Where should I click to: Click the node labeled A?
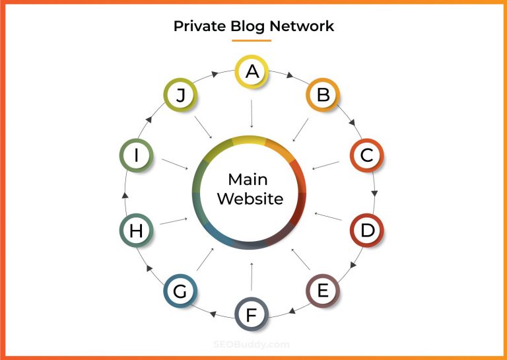click(x=252, y=71)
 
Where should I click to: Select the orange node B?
click(x=323, y=95)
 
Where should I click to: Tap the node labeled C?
click(x=366, y=156)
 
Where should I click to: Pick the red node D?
click(x=366, y=230)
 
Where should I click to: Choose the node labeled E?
click(x=323, y=291)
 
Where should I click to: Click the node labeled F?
click(x=252, y=314)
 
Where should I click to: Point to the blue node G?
click(x=180, y=291)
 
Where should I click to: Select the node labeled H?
click(x=137, y=230)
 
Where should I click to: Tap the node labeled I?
click(x=137, y=156)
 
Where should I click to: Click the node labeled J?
click(x=180, y=95)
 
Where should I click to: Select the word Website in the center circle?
click(x=250, y=199)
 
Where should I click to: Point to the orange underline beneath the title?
click(x=252, y=40)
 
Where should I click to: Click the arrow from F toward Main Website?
click(x=252, y=275)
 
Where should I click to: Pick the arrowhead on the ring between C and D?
click(x=375, y=193)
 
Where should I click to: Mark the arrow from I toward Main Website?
click(x=174, y=163)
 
